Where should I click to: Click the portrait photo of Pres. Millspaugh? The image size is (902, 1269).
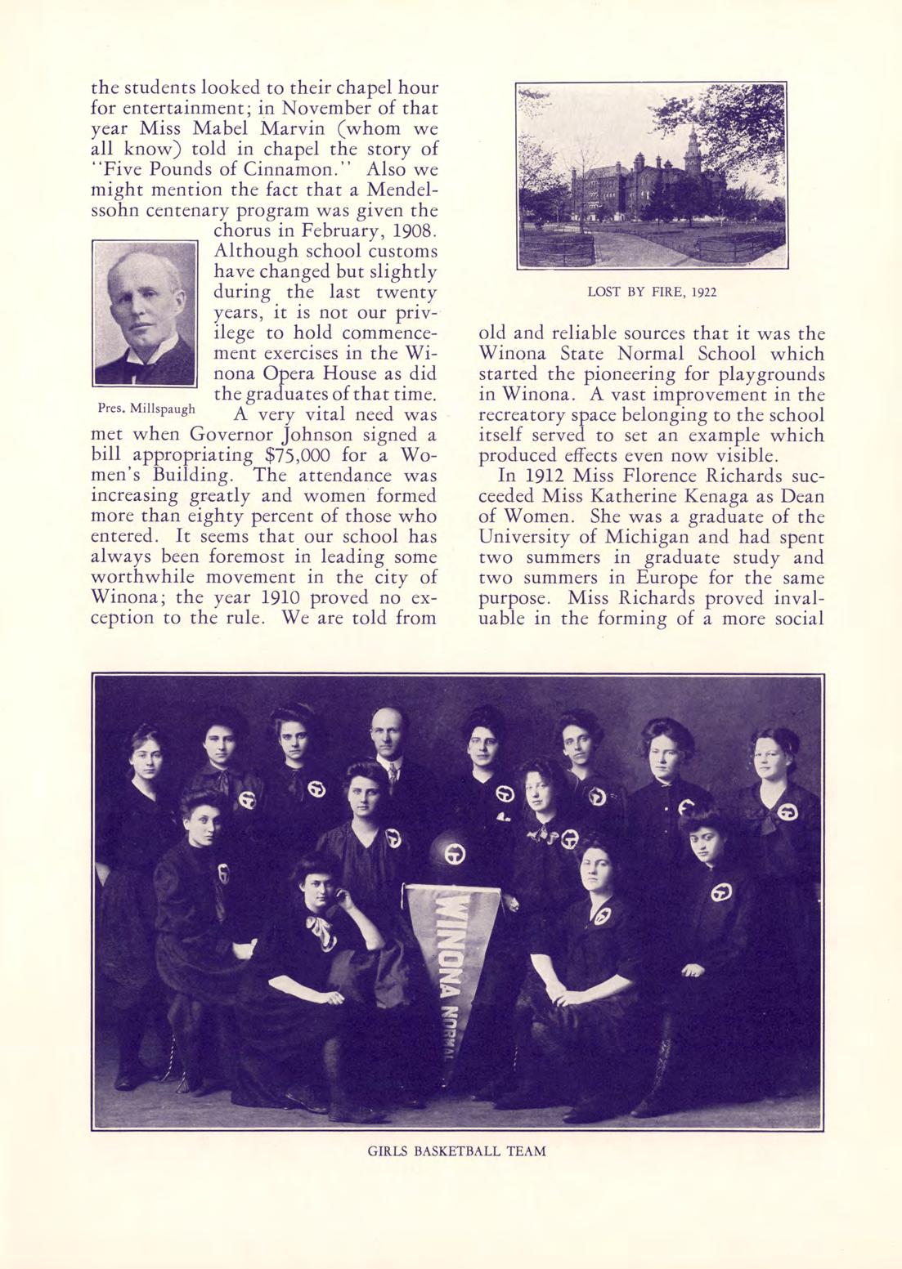pos(146,313)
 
